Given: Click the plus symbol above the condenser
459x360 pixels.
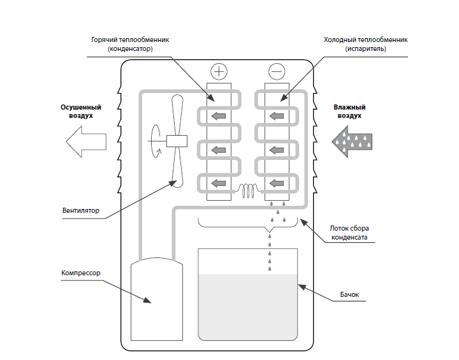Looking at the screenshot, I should (219, 71).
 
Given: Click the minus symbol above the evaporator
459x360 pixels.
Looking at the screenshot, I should (277, 71).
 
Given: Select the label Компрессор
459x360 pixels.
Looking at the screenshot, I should (81, 273).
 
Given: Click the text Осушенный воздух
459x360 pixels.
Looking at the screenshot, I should (81, 112).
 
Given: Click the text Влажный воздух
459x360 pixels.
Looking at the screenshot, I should (347, 112).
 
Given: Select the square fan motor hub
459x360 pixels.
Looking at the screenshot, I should (176, 142).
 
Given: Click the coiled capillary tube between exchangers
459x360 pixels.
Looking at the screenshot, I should (248, 189).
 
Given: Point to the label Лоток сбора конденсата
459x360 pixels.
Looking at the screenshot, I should (348, 233).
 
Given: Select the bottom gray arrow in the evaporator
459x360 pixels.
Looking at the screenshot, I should (277, 185).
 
